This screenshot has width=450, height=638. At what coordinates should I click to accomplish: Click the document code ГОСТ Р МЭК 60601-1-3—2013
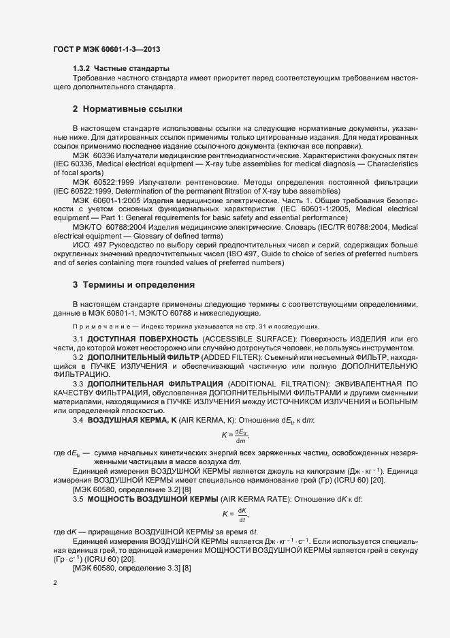[x=107, y=50]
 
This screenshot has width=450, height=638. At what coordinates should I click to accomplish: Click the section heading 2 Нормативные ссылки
[x=127, y=109]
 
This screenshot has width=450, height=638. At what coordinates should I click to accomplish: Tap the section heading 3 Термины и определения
[x=133, y=284]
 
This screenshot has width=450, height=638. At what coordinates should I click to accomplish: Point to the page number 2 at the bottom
[x=54, y=583]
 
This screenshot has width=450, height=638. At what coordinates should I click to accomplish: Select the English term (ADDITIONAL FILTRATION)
[x=284, y=384]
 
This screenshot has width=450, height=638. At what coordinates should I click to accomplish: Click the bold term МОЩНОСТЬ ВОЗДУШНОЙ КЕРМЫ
[x=150, y=500]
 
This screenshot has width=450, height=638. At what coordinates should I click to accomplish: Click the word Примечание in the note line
[x=95, y=326]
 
